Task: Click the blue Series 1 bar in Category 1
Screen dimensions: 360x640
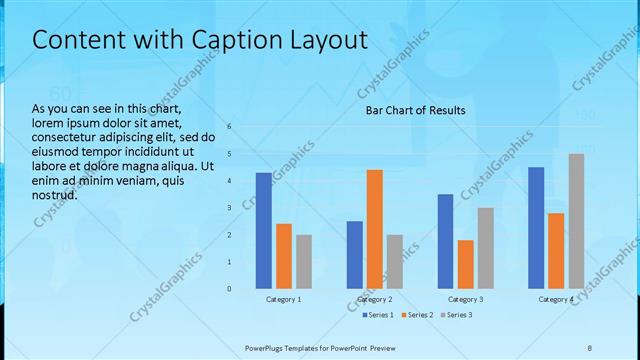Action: [263, 230]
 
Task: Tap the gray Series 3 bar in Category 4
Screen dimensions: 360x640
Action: [576, 221]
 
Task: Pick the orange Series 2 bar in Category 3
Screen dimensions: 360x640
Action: [465, 264]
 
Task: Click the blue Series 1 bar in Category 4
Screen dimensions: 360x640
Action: [536, 227]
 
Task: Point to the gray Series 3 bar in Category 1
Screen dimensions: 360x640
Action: [304, 261]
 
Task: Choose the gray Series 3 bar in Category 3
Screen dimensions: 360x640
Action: [485, 248]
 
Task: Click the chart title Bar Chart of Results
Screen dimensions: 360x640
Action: [415, 110]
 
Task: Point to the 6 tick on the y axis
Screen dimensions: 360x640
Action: [229, 127]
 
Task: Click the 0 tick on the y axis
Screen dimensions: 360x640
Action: [229, 289]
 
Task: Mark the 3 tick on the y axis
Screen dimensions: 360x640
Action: [229, 208]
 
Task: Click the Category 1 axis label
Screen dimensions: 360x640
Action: [284, 299]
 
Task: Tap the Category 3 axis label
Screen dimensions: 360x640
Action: [465, 299]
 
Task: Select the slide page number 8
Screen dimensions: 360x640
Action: [589, 347]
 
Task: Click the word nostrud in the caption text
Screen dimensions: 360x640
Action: [55, 195]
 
